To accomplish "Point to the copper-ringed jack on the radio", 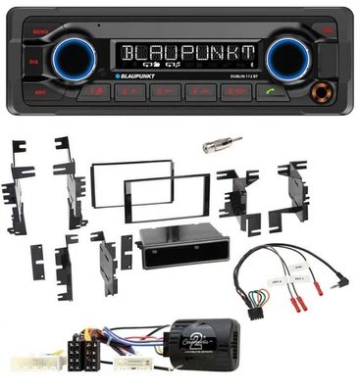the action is tap(320, 95).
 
